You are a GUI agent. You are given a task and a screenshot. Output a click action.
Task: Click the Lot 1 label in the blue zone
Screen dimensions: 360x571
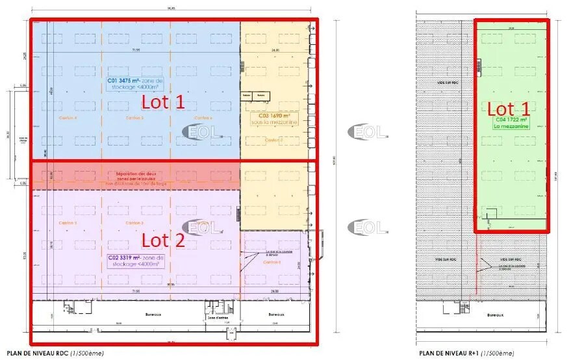[163, 101]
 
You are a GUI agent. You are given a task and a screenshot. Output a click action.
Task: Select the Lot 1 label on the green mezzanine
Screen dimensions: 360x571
[509, 109]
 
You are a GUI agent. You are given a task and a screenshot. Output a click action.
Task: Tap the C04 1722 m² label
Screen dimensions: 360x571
[511, 120]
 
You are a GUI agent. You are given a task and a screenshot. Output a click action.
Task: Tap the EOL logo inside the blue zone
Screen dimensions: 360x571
[202, 132]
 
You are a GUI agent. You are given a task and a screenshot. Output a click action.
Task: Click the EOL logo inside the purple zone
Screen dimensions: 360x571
[202, 226]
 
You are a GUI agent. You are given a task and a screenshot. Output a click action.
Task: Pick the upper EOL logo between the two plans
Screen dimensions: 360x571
[368, 132]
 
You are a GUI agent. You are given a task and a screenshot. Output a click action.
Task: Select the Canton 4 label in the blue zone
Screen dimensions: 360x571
[67, 118]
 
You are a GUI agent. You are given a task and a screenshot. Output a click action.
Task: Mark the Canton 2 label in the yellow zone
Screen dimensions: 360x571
[273, 140]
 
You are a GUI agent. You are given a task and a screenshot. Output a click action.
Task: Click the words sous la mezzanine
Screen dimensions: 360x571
[274, 122]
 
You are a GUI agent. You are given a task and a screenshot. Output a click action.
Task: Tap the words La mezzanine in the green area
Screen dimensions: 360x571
[512, 127]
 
